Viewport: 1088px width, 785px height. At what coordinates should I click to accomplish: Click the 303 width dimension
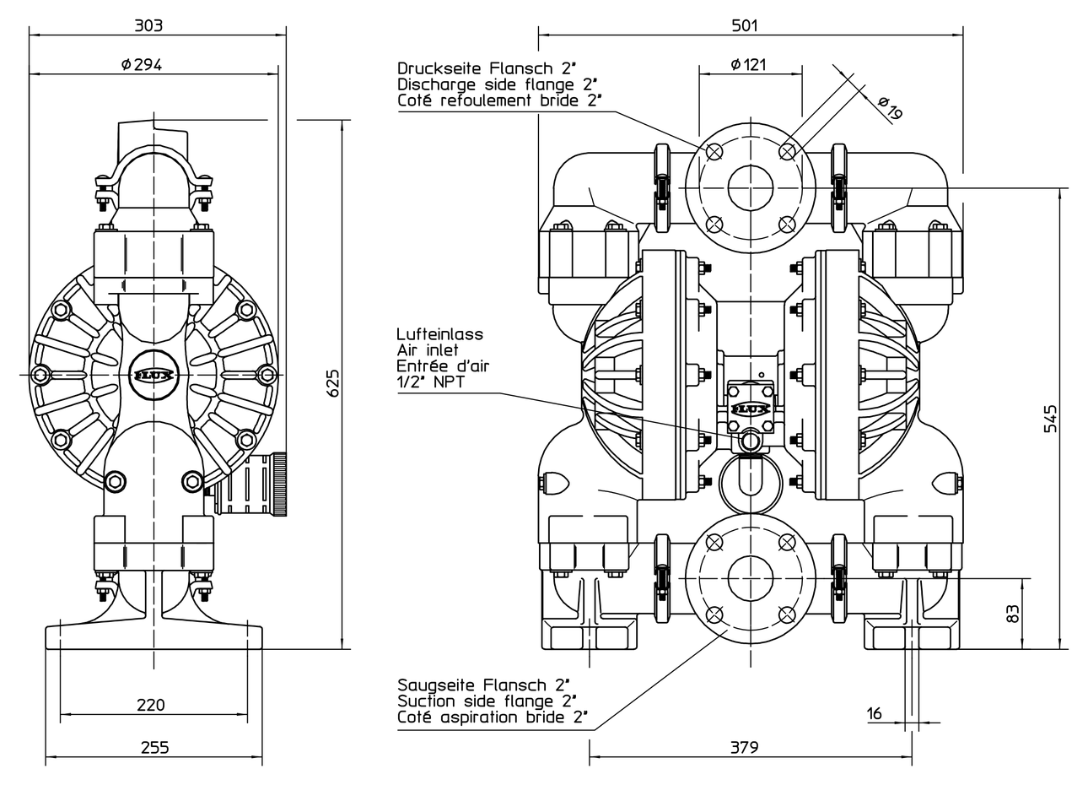click(148, 24)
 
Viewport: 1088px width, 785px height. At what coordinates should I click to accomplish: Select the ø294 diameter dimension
click(142, 64)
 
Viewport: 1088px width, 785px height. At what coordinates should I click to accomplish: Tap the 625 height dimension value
click(332, 384)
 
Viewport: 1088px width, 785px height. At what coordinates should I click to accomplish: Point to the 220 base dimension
click(151, 704)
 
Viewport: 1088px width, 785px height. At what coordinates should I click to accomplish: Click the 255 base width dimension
click(155, 747)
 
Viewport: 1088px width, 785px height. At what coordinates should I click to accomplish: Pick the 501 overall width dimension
click(745, 24)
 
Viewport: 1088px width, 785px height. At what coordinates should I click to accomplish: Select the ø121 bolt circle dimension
click(748, 64)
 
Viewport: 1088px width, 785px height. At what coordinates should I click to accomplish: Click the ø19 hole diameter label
click(891, 108)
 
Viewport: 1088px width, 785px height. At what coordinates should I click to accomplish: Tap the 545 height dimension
click(1050, 418)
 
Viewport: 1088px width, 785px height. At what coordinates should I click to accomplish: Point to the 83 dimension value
click(1013, 614)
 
